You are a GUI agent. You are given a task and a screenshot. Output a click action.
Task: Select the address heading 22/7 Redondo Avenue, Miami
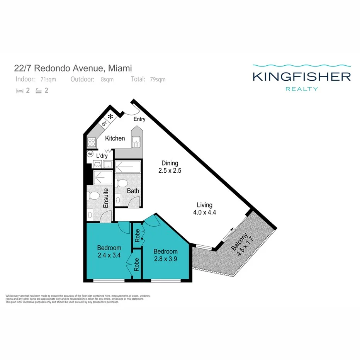pos(73,68)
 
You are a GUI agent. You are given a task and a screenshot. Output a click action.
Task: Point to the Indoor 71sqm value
pos(48,80)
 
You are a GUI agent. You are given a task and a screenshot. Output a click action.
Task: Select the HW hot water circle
pos(90,154)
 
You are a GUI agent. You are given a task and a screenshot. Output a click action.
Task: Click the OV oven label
pos(104,124)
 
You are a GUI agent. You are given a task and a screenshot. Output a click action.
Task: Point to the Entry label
pos(139,119)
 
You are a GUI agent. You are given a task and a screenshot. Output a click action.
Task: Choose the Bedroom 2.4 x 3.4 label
pos(109,251)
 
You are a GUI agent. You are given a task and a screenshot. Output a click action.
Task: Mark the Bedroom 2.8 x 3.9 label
pos(165,254)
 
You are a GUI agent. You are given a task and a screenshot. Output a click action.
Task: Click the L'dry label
pos(102,156)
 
